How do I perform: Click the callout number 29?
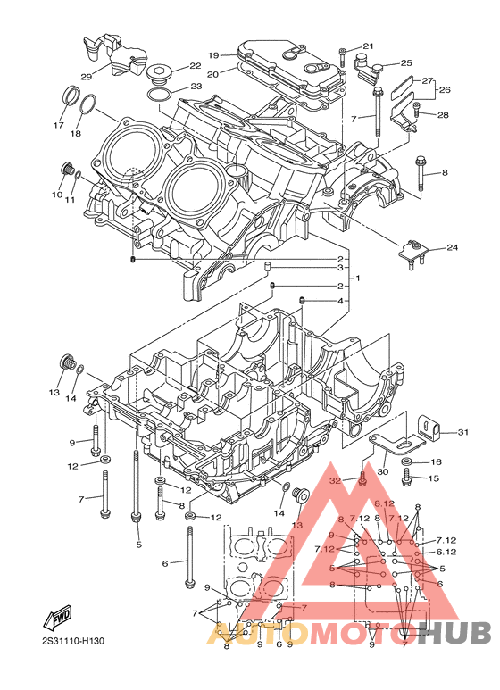tap(87, 77)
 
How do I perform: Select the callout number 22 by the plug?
tap(195, 65)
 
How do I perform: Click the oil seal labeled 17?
tap(71, 96)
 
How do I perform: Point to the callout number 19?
tap(213, 55)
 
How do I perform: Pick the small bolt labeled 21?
tap(343, 57)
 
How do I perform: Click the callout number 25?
tap(406, 63)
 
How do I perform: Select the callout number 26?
tap(445, 90)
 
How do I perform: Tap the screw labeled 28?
tap(417, 110)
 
